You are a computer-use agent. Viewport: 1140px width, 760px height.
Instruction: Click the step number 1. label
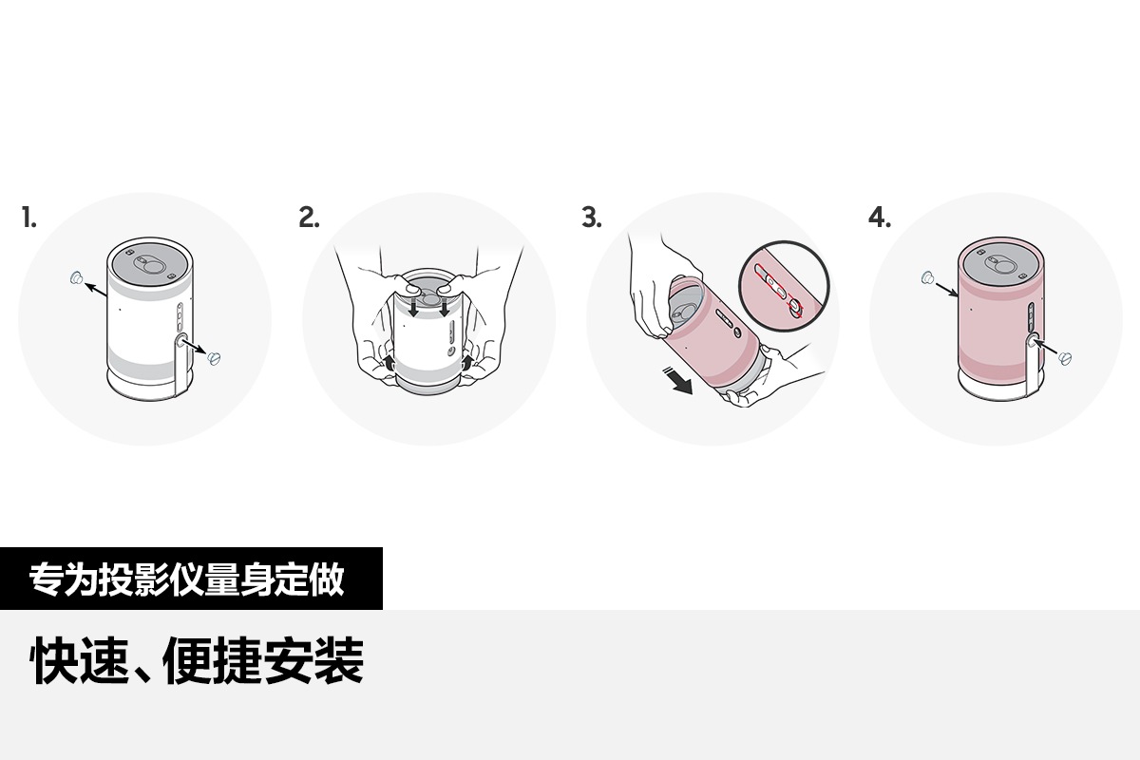[29, 218]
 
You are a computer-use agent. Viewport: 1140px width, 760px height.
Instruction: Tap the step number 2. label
[309, 218]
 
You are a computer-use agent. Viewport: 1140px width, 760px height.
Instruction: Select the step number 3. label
[591, 218]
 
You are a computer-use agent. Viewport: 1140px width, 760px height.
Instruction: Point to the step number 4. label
[880, 218]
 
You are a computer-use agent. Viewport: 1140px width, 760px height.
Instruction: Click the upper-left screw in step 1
[76, 278]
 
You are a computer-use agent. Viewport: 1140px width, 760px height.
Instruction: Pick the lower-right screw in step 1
[215, 358]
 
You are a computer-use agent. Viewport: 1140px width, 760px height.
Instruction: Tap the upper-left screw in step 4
[927, 277]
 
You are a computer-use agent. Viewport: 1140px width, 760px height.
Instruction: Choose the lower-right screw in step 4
[1065, 358]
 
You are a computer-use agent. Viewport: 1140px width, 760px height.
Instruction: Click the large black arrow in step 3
[678, 382]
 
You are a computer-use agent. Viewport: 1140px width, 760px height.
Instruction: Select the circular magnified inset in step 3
[785, 287]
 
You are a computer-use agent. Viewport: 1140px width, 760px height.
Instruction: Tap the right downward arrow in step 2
[445, 308]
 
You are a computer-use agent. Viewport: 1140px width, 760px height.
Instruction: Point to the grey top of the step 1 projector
[150, 266]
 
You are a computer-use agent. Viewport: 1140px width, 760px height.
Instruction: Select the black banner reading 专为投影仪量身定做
[191, 579]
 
